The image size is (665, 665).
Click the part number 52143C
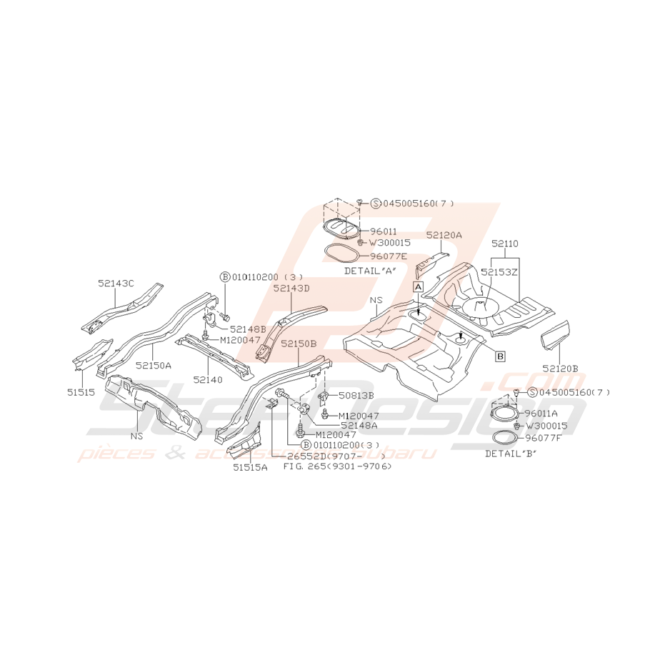tap(116, 284)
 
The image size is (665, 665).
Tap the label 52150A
tap(153, 365)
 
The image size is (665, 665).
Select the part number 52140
tap(207, 379)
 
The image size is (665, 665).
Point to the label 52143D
tap(291, 289)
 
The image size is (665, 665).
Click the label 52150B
tap(299, 344)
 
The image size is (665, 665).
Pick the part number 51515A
tap(250, 467)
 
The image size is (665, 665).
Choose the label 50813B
tap(356, 395)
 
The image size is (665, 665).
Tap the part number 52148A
tap(359, 425)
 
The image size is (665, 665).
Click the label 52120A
tap(444, 235)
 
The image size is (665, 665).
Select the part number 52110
tap(505, 244)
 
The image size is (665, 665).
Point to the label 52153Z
tap(499, 273)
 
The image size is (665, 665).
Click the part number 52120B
tap(560, 369)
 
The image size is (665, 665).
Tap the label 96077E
tap(389, 256)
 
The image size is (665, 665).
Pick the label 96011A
tap(541, 413)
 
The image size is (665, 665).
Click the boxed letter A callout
tap(418, 287)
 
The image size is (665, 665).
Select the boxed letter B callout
tap(501, 356)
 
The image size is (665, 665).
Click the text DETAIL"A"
tap(370, 271)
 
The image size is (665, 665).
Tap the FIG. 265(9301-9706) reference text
tap(337, 466)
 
